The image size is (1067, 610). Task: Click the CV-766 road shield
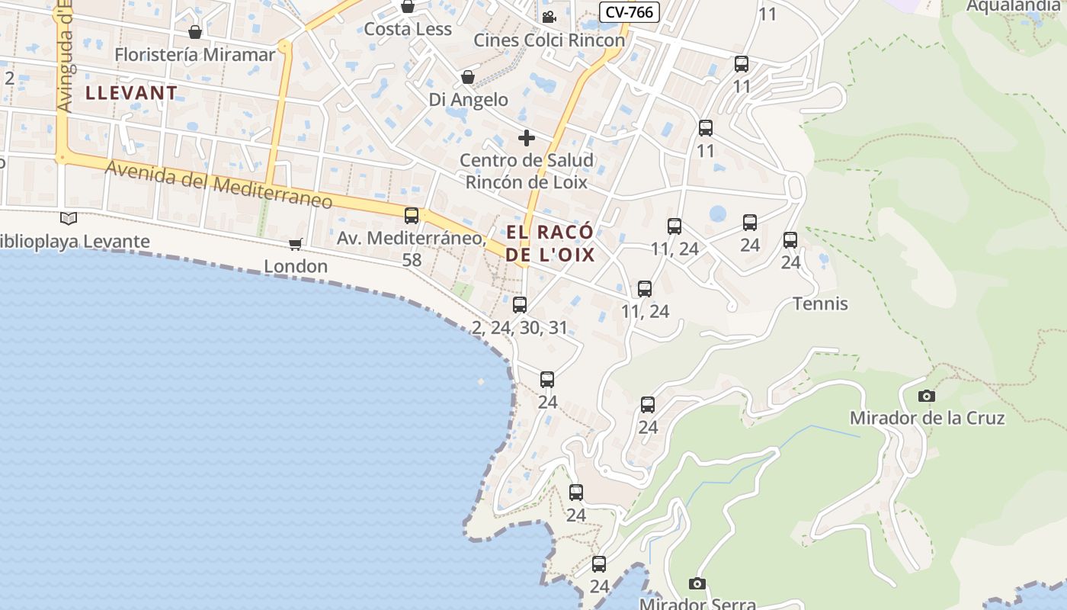[x=629, y=12]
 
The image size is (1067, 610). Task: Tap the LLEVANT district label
[x=132, y=93]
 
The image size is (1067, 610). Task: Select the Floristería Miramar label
[x=194, y=55]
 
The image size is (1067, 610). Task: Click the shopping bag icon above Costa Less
[x=408, y=7]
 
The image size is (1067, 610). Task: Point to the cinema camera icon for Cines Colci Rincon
[x=549, y=17]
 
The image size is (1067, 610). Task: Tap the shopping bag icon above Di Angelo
[x=468, y=77]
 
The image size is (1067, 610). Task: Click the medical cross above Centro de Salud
[x=527, y=138]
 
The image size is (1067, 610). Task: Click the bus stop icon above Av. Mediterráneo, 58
[x=412, y=216]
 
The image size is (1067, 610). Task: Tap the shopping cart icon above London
[x=296, y=244]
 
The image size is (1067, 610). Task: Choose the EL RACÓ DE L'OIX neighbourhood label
[x=549, y=243]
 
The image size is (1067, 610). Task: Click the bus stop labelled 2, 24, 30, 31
[x=520, y=305]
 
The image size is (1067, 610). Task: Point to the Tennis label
[x=820, y=303]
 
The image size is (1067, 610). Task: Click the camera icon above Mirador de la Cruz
[x=927, y=396]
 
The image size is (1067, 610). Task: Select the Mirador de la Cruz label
[x=927, y=418]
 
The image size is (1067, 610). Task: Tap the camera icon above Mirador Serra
[x=697, y=584]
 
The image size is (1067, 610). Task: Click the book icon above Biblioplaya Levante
[x=69, y=219]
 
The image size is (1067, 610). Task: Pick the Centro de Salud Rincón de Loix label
[x=527, y=172]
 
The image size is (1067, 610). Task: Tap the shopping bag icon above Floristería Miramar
[x=195, y=32]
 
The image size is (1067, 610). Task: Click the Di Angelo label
[x=468, y=100]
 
